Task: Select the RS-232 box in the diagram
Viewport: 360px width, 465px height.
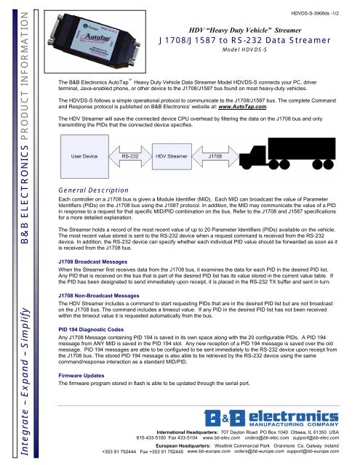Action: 130,155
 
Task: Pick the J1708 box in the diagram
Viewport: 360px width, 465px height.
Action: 216,155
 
